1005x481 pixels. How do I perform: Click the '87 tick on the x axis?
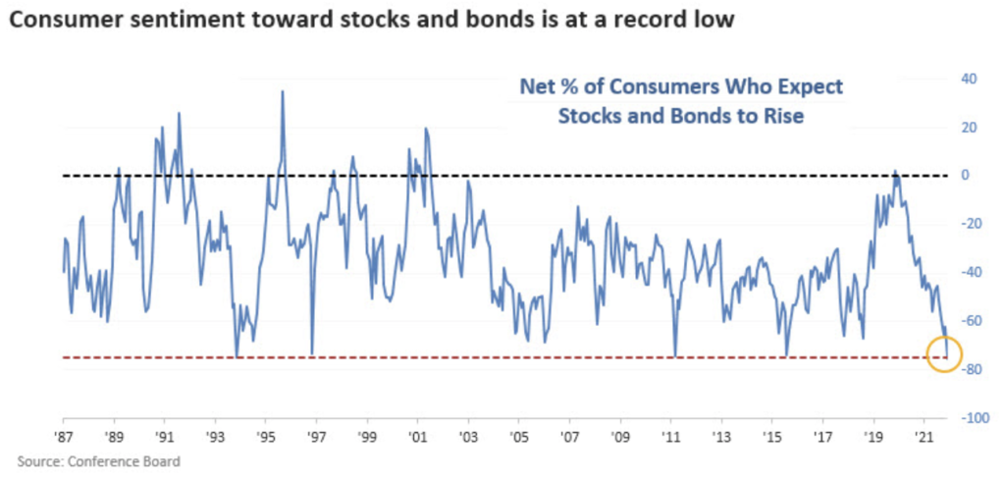(64, 433)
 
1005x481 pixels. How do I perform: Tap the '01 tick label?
(417, 433)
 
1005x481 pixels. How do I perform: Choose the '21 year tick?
(924, 433)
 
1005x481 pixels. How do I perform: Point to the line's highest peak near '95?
(283, 92)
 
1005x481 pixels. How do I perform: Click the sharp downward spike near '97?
(312, 353)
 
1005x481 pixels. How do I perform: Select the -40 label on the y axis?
(968, 273)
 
